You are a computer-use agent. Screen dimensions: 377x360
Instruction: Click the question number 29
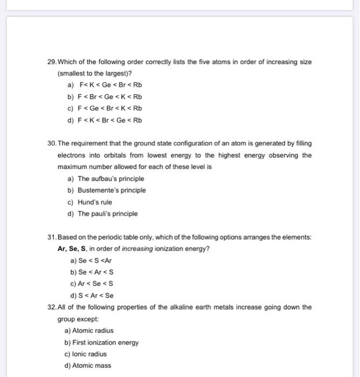click(52, 62)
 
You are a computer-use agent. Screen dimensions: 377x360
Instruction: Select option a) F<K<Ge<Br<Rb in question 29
click(105, 85)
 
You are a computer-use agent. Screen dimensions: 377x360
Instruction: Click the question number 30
click(52, 144)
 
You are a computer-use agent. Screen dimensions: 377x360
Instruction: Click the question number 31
click(52, 238)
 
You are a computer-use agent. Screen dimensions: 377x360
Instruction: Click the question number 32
click(52, 308)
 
